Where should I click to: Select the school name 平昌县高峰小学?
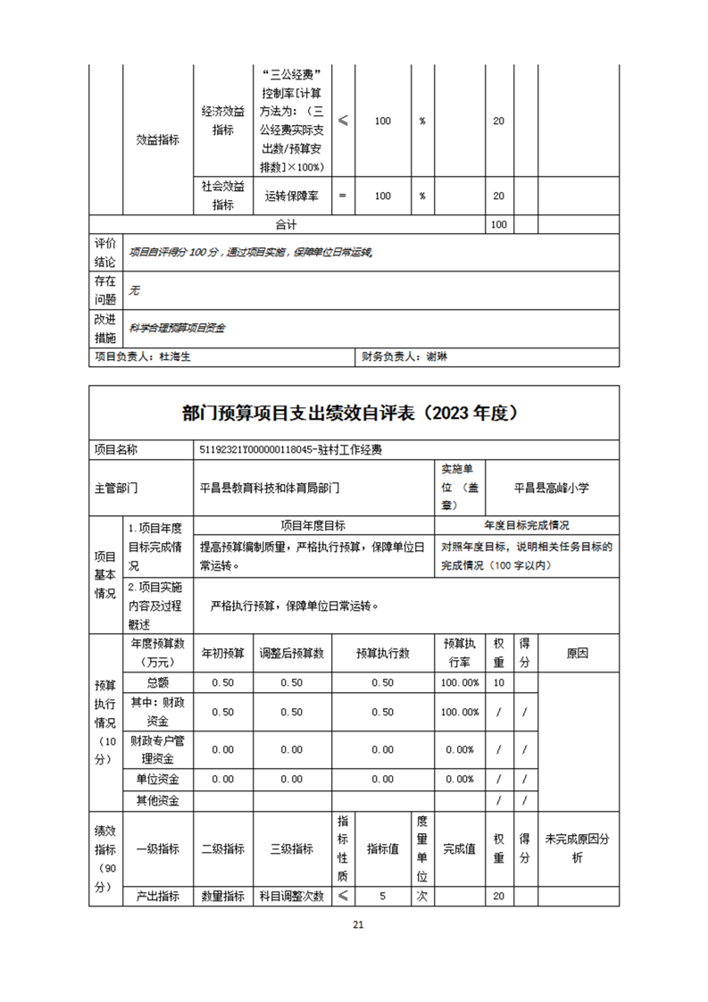[552, 488]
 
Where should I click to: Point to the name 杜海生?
[175, 356]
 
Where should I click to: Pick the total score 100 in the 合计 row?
[499, 224]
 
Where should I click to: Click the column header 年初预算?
[222, 653]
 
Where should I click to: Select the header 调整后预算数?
[291, 653]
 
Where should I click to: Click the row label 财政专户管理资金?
[157, 749]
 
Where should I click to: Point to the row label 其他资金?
[157, 800]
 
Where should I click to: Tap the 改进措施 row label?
[104, 328]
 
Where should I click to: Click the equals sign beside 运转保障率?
[343, 196]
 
